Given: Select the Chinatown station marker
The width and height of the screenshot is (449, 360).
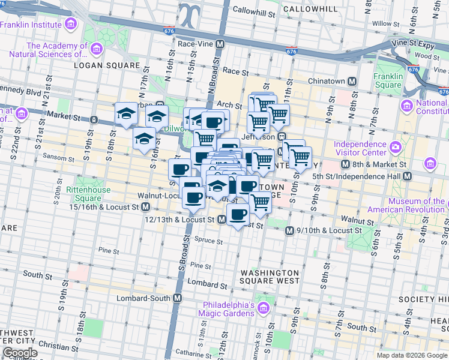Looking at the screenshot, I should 352,81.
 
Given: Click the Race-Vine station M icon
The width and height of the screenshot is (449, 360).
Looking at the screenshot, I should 220,44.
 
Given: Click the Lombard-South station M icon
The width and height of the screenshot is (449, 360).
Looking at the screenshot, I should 178,298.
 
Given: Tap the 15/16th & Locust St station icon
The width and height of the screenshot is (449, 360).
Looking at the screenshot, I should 145,207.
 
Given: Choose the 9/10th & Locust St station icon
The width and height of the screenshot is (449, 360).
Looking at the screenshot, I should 289,230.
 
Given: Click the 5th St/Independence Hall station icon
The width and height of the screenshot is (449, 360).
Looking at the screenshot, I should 408,176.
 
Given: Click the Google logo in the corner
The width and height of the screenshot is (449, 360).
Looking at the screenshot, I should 20,353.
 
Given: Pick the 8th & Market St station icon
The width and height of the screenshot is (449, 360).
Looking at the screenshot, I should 345,164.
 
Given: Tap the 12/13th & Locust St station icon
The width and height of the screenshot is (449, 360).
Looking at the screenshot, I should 221,220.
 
